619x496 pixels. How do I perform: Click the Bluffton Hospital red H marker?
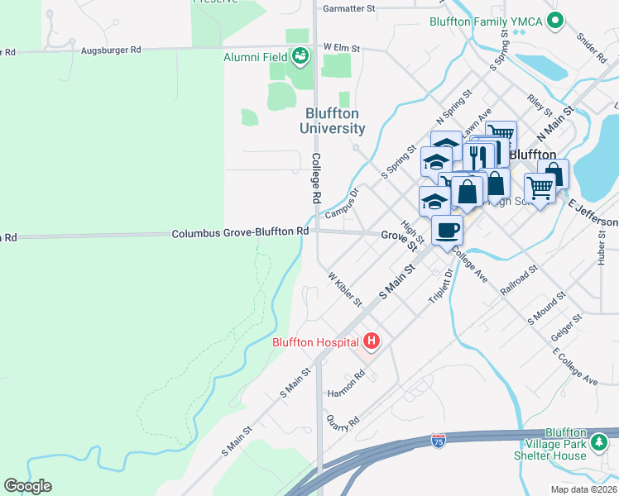point(372,341)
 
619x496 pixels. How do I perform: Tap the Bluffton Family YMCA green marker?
point(555,21)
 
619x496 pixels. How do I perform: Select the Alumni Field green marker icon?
point(300,56)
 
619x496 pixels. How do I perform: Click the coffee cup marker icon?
point(447,231)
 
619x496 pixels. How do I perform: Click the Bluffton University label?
point(335,121)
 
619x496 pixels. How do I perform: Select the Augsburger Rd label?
point(111,50)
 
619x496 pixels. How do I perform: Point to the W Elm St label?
point(342,49)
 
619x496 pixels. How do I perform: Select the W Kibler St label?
point(345,289)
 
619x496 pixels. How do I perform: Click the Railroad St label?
point(520,280)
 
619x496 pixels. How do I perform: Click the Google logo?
point(27,486)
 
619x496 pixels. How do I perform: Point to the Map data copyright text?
point(583,489)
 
